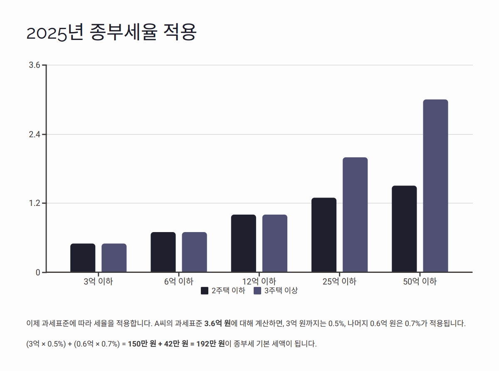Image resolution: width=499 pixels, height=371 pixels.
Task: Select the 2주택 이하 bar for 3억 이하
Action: (x=83, y=258)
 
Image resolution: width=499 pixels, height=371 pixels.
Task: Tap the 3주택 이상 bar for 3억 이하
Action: (x=114, y=258)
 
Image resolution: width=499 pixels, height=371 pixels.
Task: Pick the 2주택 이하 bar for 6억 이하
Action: (x=163, y=252)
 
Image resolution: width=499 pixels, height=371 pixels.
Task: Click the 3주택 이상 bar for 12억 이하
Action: (x=274, y=243)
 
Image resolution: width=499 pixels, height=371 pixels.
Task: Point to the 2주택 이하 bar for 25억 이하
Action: (x=324, y=235)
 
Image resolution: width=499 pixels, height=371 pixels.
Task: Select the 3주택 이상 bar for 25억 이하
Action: (x=355, y=215)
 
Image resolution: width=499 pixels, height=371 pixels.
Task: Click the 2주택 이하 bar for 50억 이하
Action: (x=404, y=229)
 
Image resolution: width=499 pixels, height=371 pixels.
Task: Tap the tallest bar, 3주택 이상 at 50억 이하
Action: (x=435, y=186)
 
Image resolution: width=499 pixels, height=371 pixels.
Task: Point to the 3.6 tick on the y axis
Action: (x=35, y=65)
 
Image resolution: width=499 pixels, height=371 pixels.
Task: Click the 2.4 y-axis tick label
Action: (x=35, y=134)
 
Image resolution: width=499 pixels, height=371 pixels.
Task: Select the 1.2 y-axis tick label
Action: (x=35, y=203)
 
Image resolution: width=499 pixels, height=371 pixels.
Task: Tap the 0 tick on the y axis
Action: (x=38, y=272)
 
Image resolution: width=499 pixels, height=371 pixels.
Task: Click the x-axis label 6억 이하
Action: (x=178, y=282)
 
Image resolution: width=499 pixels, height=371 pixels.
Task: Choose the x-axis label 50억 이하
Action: (x=420, y=282)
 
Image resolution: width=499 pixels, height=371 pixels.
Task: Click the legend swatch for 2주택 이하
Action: (x=205, y=291)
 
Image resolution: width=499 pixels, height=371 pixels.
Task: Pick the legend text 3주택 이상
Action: (x=281, y=291)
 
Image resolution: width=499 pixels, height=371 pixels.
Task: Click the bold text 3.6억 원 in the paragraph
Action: (x=217, y=323)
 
